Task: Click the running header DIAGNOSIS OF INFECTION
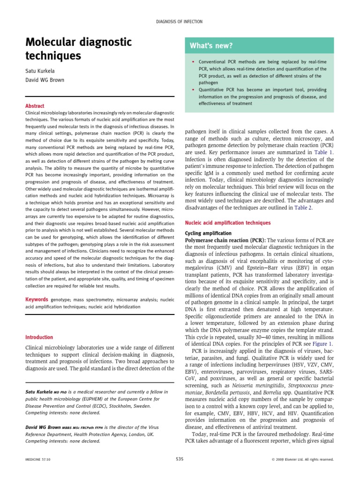pos(180,22)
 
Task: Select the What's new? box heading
pos(211,45)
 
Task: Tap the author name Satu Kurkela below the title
pos(39,71)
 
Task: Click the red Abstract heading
pos(35,106)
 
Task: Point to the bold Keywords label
pos(37,299)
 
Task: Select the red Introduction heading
pos(39,337)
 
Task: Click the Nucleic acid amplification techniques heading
pos(228,223)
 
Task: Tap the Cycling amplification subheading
pos(208,233)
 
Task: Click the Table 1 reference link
pos(324,152)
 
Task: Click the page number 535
pos(180,459)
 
